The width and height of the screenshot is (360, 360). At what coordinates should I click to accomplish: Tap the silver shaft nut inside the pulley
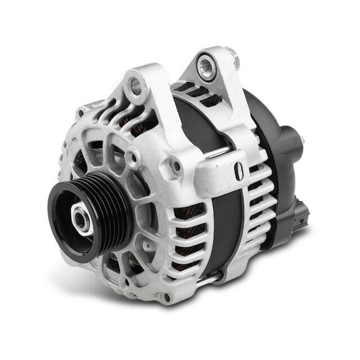[x=81, y=219]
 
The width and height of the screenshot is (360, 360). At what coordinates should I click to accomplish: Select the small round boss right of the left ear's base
[x=176, y=166]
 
